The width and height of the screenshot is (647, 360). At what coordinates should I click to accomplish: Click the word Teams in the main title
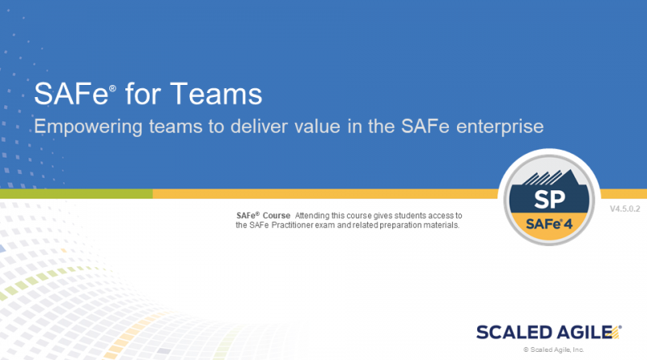coord(220,95)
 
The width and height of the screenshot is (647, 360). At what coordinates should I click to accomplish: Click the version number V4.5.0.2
coord(626,210)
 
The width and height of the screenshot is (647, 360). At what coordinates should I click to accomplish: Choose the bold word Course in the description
coord(277,215)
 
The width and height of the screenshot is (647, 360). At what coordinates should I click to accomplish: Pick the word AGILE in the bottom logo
coord(581,332)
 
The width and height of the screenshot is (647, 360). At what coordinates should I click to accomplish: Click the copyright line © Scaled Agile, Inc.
coord(554,350)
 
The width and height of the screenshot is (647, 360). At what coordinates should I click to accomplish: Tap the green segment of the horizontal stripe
coord(76,194)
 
